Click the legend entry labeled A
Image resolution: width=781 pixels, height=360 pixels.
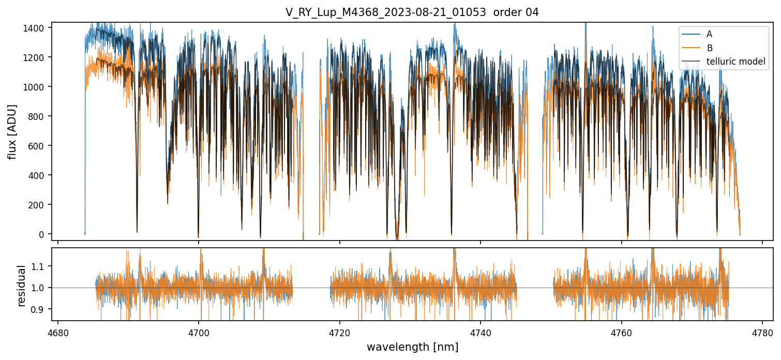pos(709,34)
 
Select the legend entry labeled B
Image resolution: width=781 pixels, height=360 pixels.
pos(709,48)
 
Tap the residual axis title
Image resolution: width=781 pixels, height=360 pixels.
pos(22,286)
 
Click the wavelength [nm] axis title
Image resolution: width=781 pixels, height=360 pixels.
pos(412,347)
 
